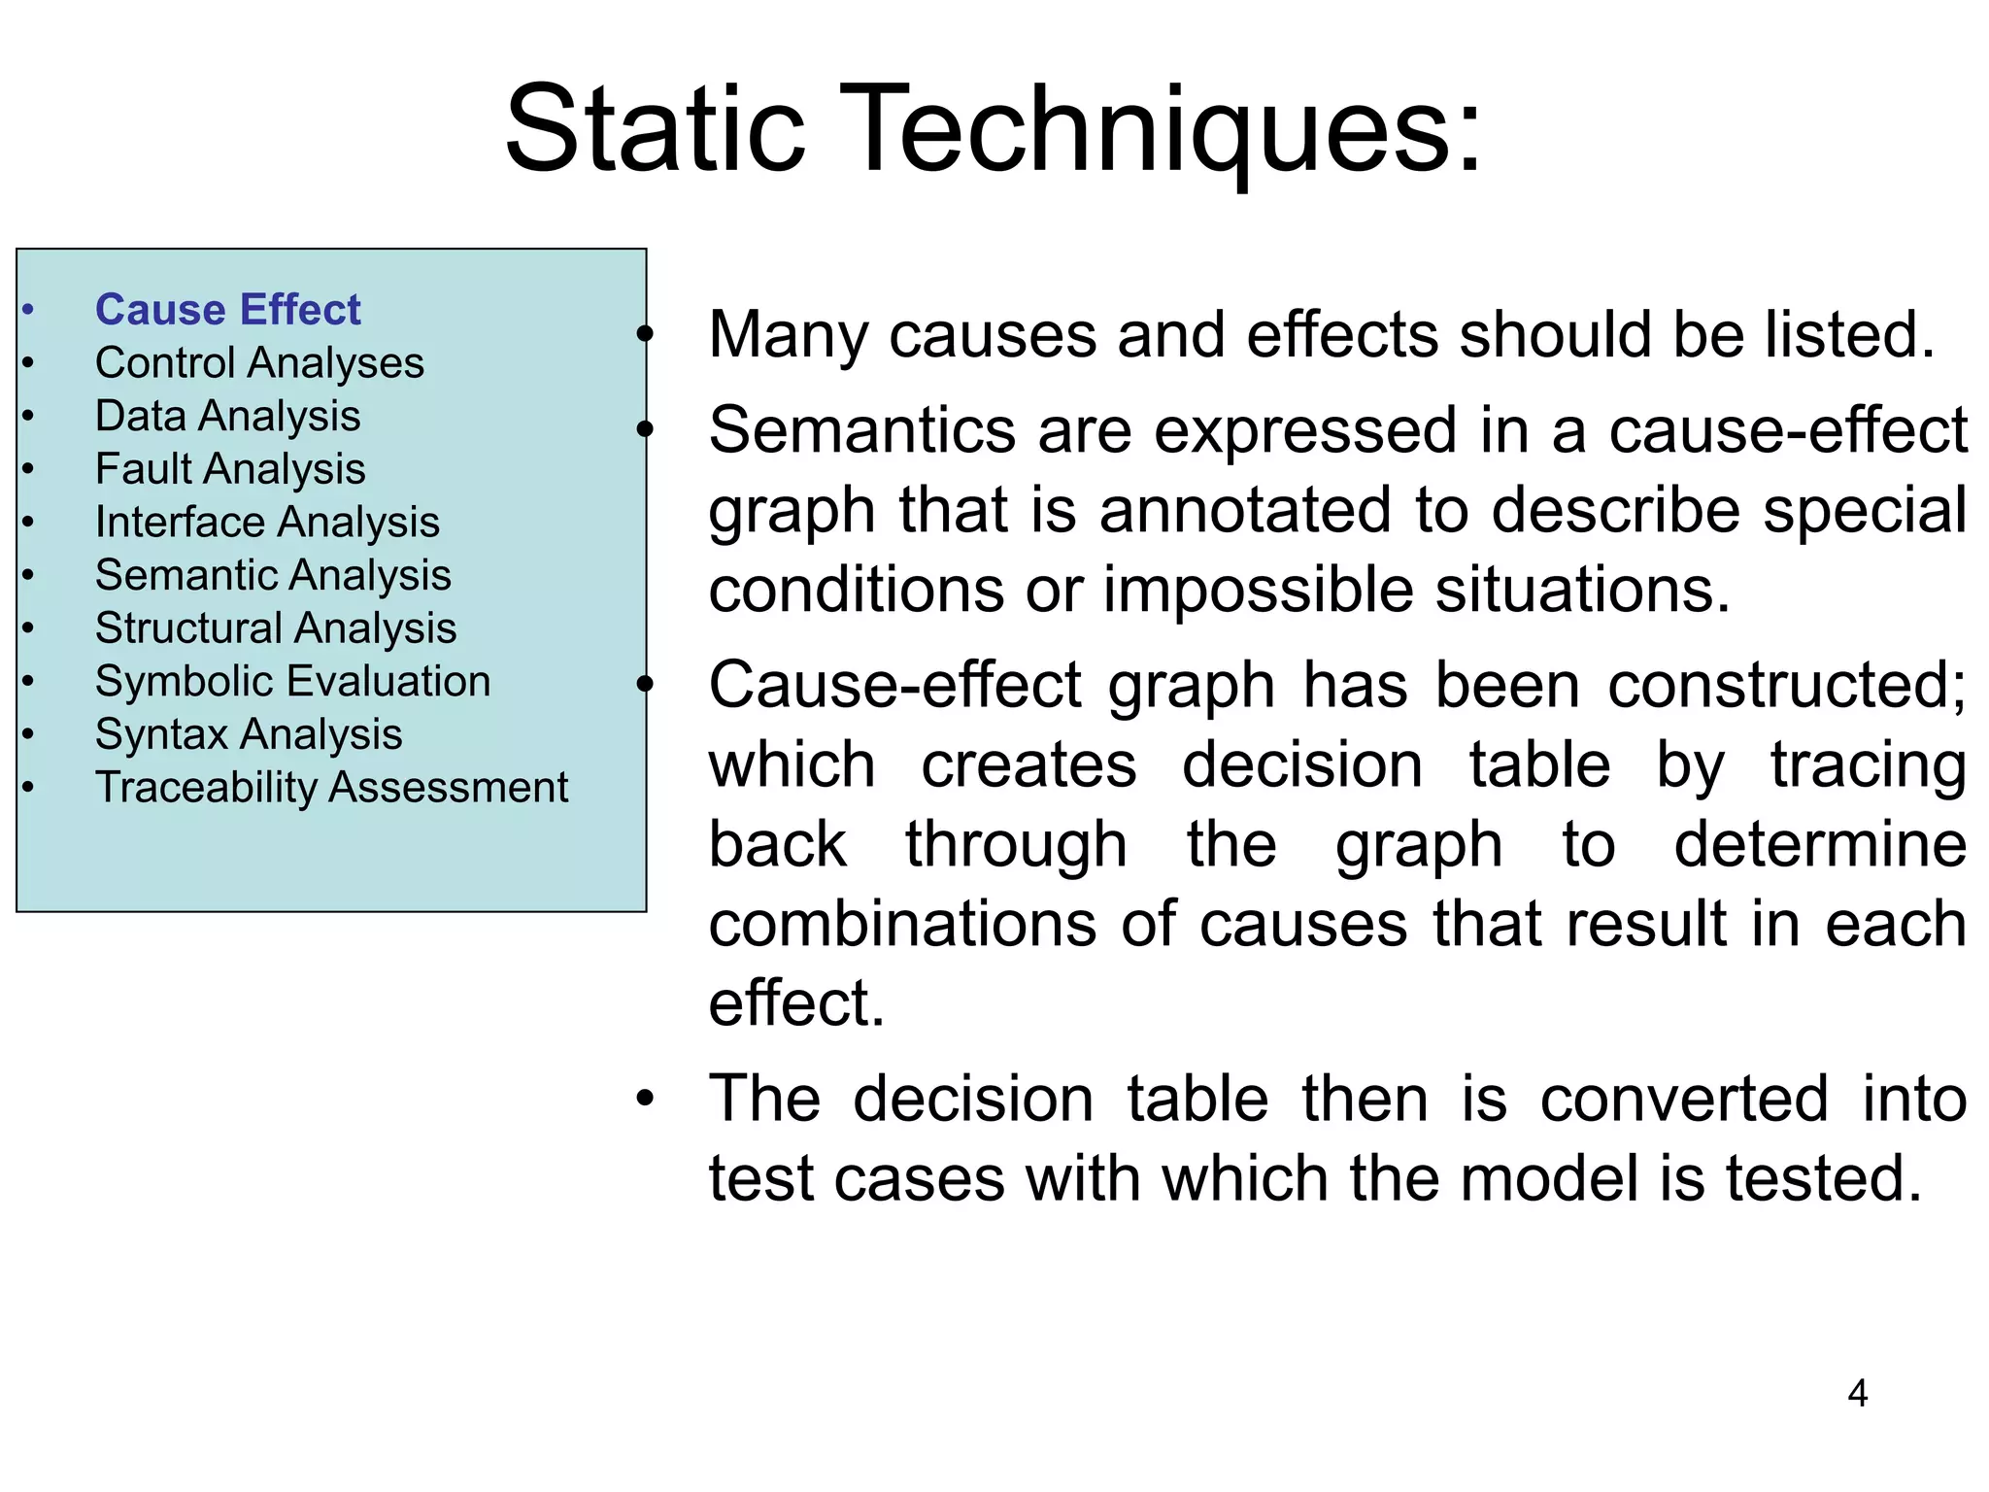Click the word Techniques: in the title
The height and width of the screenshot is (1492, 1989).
tap(1165, 129)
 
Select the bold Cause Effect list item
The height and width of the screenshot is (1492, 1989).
tap(227, 310)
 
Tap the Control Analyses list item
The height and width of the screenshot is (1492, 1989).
tap(259, 363)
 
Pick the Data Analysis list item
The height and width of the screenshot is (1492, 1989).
tap(227, 417)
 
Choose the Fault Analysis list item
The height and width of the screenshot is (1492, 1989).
tap(230, 469)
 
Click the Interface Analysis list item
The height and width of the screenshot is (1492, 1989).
tap(267, 523)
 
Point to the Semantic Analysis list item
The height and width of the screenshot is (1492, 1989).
tap(273, 575)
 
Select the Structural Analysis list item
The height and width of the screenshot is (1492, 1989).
tap(276, 628)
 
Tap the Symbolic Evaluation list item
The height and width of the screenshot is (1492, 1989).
tap(292, 681)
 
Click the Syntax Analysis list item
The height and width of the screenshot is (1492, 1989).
tap(249, 734)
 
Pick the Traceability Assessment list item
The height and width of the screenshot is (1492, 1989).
tap(331, 787)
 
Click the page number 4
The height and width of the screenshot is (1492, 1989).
tap(1857, 1394)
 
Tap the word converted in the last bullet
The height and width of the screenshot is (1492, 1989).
tap(1685, 1100)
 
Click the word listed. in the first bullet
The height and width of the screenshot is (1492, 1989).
tap(1850, 335)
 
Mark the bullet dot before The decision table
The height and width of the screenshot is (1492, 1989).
tap(645, 1100)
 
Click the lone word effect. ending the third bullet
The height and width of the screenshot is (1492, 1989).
tap(796, 1003)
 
